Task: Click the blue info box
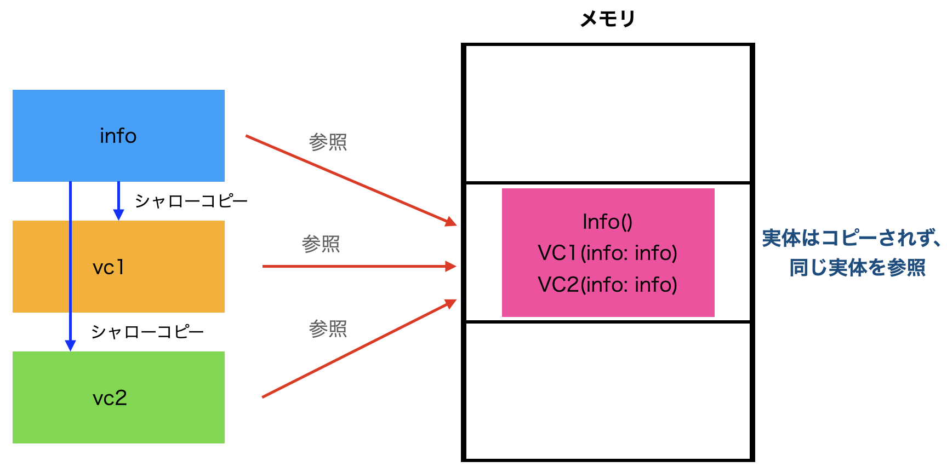click(118, 136)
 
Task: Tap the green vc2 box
click(118, 397)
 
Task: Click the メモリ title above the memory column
click(607, 19)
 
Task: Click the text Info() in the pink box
click(607, 222)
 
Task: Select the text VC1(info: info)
click(607, 253)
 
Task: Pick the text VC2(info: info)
click(607, 285)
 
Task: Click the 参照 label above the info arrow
click(328, 142)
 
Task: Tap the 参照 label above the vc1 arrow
click(321, 244)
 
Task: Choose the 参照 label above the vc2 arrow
click(328, 329)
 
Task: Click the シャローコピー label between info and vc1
click(191, 201)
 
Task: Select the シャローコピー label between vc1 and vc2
click(147, 332)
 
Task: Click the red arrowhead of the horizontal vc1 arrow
click(451, 267)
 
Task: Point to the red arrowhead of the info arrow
click(451, 222)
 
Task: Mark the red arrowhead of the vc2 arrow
click(451, 303)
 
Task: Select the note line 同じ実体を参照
click(857, 268)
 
